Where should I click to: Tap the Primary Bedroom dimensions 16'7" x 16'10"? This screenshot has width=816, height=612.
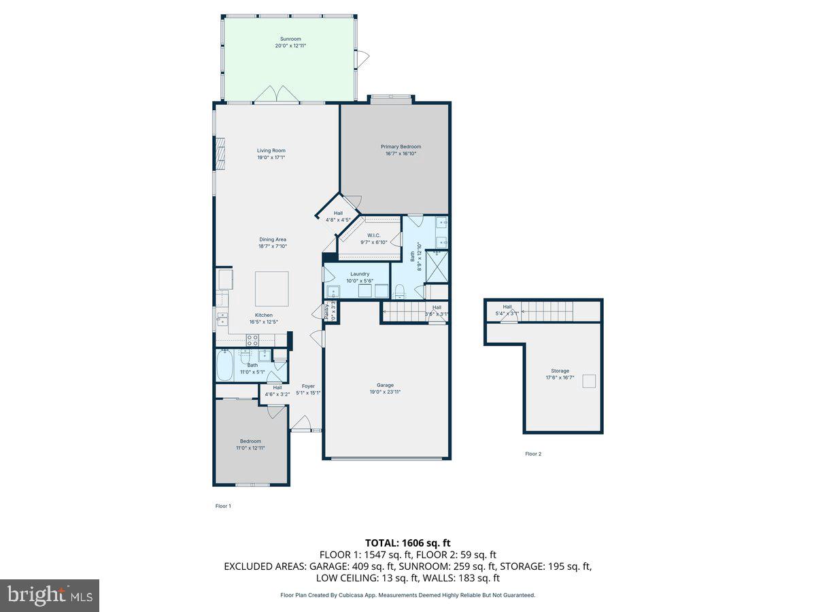(x=401, y=154)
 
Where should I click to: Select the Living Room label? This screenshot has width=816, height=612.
(x=271, y=150)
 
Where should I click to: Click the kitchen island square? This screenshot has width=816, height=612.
(x=271, y=288)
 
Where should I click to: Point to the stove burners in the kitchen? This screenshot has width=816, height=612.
(x=252, y=340)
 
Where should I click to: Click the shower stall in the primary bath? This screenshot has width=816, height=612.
(x=437, y=267)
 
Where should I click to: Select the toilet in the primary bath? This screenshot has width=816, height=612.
(x=400, y=292)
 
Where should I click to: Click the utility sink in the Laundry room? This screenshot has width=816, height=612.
(x=333, y=292)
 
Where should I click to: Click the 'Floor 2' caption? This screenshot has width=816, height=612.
(x=533, y=454)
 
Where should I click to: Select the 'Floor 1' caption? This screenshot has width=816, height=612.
(x=223, y=506)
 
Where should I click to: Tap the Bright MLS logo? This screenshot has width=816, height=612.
(x=50, y=596)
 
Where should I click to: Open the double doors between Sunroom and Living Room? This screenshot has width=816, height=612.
(x=277, y=95)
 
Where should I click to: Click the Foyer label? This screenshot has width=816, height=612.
(x=308, y=386)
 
